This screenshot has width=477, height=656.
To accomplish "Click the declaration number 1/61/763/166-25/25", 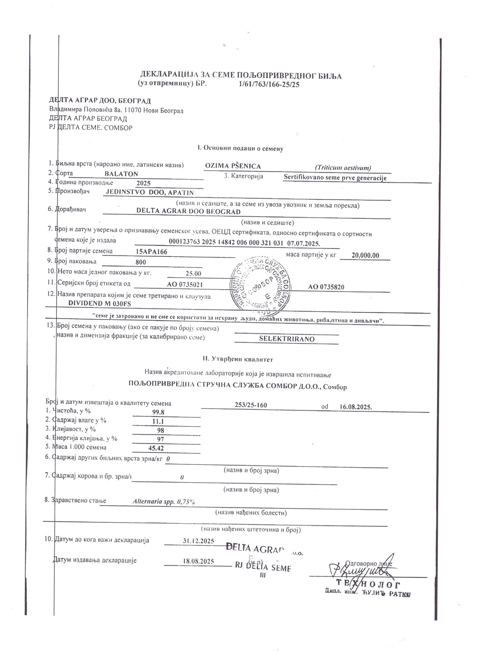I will (x=269, y=85).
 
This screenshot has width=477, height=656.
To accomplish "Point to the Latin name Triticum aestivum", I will (x=343, y=168).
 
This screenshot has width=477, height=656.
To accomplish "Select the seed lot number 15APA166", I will (x=151, y=252).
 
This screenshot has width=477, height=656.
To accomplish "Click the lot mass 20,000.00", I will (x=365, y=255).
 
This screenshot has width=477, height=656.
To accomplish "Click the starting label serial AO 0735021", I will (x=185, y=285).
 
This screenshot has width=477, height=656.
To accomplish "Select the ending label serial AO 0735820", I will (x=326, y=287).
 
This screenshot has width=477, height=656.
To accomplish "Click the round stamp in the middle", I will (x=261, y=287).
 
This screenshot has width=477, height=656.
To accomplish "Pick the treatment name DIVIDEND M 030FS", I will (x=99, y=303).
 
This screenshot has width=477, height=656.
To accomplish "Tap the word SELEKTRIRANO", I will (x=287, y=339).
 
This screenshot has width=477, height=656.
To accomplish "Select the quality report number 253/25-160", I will (x=251, y=405).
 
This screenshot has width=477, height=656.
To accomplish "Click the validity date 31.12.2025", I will (x=198, y=541).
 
